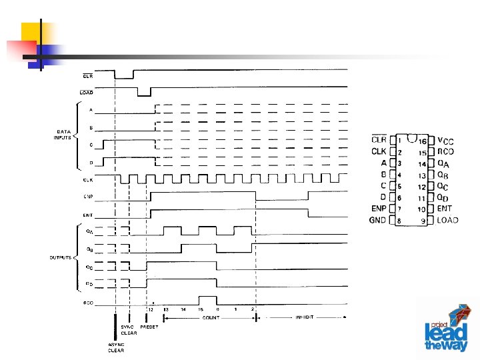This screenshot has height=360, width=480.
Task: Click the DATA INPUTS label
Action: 62,134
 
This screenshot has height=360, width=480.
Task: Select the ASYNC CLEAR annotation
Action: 116,347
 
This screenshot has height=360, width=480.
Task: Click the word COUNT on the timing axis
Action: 210,318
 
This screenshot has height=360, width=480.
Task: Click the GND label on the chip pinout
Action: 378,220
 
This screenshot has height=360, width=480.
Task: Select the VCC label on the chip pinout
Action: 446,141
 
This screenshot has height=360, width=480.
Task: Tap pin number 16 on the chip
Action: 423,141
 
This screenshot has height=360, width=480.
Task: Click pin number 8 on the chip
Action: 399,220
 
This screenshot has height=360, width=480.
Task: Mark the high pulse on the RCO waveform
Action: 207,299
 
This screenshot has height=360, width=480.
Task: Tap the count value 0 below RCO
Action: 217,309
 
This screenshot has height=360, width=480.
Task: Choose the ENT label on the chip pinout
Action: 444,209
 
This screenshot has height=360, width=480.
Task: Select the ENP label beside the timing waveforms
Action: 88,197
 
